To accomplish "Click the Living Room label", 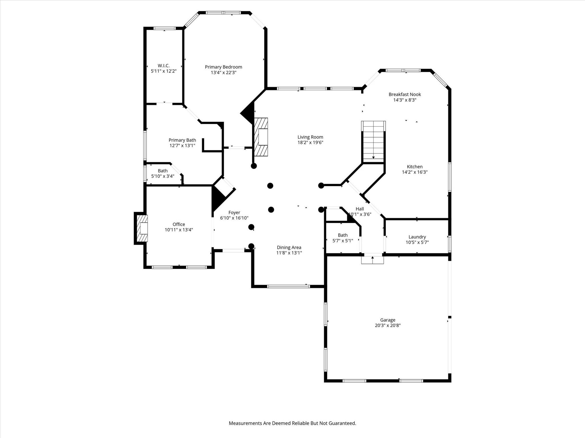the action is (x=310, y=137).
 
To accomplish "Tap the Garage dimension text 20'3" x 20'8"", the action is (x=388, y=325).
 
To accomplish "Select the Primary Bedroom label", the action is (x=223, y=67).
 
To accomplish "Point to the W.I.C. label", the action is (x=164, y=66).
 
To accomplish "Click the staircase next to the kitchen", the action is (x=373, y=142).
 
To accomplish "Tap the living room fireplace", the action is (x=261, y=137).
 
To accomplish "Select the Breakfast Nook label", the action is (x=405, y=94).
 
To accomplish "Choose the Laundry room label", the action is (x=417, y=237).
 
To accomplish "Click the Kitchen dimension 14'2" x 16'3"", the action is (x=415, y=172).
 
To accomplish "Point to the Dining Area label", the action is (x=289, y=248).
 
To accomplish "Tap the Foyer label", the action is (x=234, y=213).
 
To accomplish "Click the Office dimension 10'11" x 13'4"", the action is (x=179, y=230).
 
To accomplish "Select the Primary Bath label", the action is (x=182, y=140).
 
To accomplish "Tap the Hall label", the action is (x=360, y=209).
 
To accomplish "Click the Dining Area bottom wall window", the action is (x=289, y=286).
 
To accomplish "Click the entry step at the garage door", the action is (x=372, y=260).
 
